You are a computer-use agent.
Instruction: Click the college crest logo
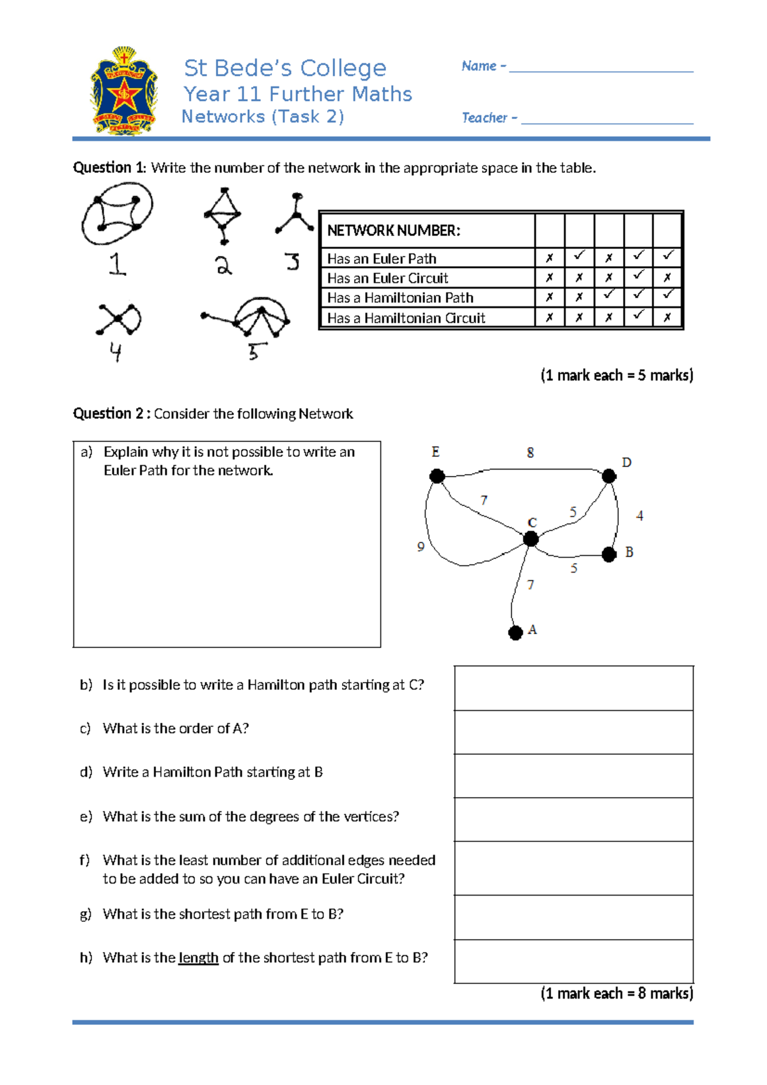pos(124,91)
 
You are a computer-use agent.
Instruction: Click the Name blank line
pos(601,70)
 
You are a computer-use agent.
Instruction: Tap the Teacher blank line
pos(607,122)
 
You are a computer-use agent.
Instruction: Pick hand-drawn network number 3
pos(295,214)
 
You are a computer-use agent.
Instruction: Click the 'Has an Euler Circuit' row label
pos(387,278)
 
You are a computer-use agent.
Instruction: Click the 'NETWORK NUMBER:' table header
pos(394,230)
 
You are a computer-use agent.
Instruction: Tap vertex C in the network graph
pos(531,539)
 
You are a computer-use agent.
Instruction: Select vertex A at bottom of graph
pos(516,633)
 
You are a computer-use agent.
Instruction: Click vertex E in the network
pos(437,476)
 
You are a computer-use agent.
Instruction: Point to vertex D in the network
pos(609,476)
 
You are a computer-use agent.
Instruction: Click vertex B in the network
pos(609,554)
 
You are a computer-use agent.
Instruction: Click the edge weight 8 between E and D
pos(530,453)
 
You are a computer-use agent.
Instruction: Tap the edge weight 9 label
pos(421,546)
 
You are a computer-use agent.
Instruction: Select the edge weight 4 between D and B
pos(639,516)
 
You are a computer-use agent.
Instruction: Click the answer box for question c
pos(573,732)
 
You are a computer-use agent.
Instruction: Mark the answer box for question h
pos(573,961)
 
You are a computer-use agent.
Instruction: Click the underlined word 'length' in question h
pos(198,958)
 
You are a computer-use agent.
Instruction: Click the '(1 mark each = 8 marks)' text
pos(616,994)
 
